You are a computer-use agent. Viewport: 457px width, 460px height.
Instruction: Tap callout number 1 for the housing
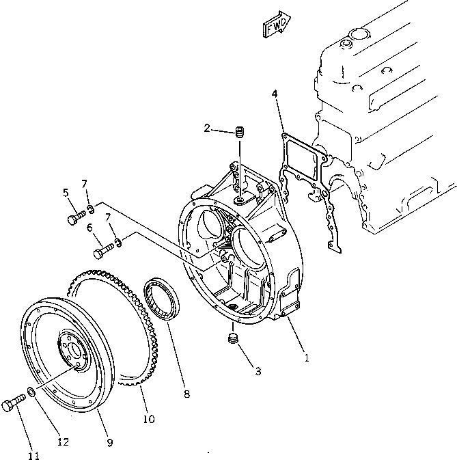point(307,357)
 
